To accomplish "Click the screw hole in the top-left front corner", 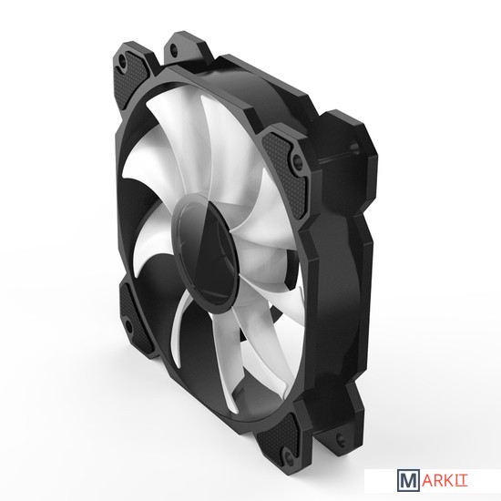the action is tap(122, 59).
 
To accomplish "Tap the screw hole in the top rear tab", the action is tap(173, 49).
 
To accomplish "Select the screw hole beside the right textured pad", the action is tap(296, 159).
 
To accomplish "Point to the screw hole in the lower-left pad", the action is tap(128, 325).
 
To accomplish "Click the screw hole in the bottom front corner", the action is tap(288, 455).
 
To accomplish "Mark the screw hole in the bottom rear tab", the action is tap(340, 437).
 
